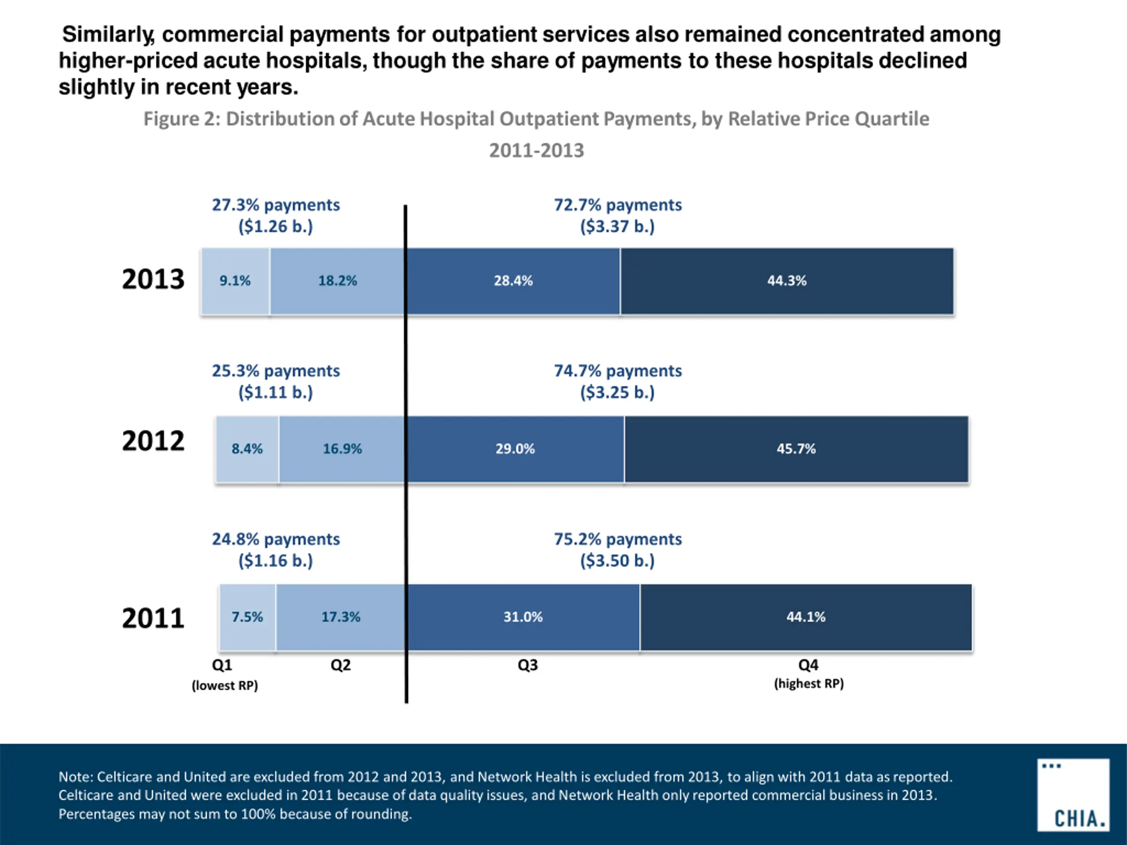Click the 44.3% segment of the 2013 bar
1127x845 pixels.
[x=787, y=281]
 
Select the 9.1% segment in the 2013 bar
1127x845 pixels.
[x=235, y=281]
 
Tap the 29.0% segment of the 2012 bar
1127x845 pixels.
[x=515, y=449]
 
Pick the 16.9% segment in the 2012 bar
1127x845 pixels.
[x=342, y=449]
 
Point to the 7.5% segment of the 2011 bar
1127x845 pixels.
[x=247, y=617]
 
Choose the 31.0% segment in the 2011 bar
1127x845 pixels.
[x=523, y=617]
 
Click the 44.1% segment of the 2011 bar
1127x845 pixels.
[x=806, y=617]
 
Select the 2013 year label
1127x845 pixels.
[x=153, y=279]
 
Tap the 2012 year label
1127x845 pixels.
[x=153, y=441]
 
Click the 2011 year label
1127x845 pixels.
[x=153, y=618]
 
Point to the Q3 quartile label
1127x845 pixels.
[x=527, y=665]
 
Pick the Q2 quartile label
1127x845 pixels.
[x=340, y=665]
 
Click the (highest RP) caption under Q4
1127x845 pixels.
[x=809, y=683]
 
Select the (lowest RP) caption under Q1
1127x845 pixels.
[x=225, y=686]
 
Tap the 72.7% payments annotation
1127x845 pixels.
[x=618, y=205]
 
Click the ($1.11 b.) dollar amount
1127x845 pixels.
[x=276, y=393]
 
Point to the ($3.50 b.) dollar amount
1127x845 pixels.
[x=618, y=561]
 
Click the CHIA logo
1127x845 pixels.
[x=1073, y=794]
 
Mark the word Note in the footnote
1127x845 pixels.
[x=75, y=777]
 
